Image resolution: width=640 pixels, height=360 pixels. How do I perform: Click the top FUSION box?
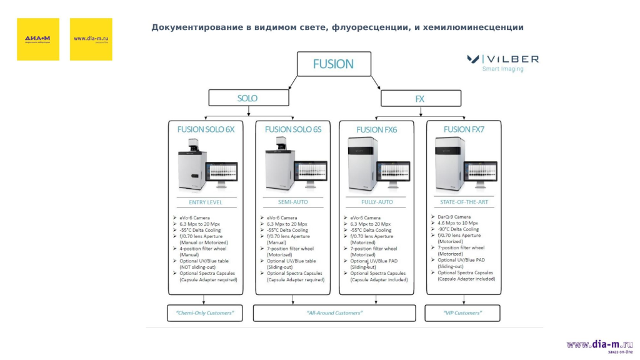(x=333, y=64)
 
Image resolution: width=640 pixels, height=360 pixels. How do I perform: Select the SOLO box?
(x=247, y=98)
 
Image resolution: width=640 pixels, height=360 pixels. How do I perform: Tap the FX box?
(x=420, y=99)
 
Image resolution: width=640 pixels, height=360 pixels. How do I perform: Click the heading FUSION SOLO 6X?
(x=206, y=129)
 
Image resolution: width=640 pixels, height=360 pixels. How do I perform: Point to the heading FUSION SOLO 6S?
(x=293, y=129)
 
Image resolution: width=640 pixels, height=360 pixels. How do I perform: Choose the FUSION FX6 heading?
(x=376, y=130)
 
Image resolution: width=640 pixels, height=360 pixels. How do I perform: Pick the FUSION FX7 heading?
(x=464, y=129)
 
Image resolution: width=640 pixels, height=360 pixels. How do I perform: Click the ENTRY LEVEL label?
(x=206, y=202)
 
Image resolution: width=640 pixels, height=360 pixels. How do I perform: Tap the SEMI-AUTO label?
(x=293, y=202)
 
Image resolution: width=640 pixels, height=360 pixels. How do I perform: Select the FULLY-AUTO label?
(x=377, y=202)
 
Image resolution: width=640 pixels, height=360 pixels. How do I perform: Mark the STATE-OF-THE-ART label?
(x=464, y=202)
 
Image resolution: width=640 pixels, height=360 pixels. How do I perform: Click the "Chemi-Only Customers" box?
(x=205, y=312)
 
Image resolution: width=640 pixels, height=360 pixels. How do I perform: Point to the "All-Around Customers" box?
(x=334, y=312)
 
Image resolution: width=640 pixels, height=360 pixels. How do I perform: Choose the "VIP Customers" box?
(x=463, y=312)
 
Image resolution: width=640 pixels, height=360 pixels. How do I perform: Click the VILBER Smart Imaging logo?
(x=503, y=63)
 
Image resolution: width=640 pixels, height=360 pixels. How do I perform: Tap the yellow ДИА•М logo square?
(x=38, y=39)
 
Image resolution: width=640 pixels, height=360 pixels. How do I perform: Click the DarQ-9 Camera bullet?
(x=454, y=217)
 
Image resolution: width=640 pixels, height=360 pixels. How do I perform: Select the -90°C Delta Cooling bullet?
(x=458, y=229)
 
